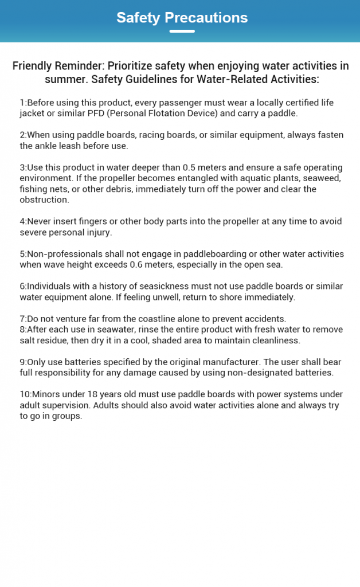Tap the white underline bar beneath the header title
tap(182, 31)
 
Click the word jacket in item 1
tap(33, 113)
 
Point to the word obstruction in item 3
tap(44, 199)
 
